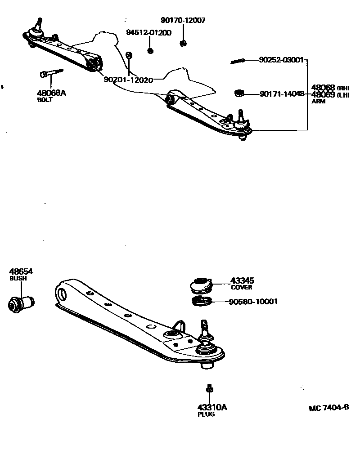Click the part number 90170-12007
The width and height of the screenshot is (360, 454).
pos(183,20)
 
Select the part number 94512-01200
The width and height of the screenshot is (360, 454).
pos(148,33)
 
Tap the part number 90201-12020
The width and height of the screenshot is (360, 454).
pos(128,80)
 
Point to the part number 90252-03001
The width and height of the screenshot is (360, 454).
pos(282,60)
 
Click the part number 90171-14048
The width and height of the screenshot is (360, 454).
pos(282,94)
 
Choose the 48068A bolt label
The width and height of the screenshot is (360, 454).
pos(51,93)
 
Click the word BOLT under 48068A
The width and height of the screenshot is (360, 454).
pos(45,100)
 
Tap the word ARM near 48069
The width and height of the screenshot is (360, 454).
pos(318,101)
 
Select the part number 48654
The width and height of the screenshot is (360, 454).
pos(21,272)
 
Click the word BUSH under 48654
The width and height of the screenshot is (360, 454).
pos(18,278)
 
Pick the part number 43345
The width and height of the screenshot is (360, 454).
pos(242,280)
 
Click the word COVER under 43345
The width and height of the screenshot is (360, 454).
pos(241,287)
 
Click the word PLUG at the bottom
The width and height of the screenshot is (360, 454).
pos(206,414)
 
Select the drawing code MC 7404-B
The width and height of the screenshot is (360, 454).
pos(329,408)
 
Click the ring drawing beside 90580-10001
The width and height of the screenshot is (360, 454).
pos(202,301)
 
